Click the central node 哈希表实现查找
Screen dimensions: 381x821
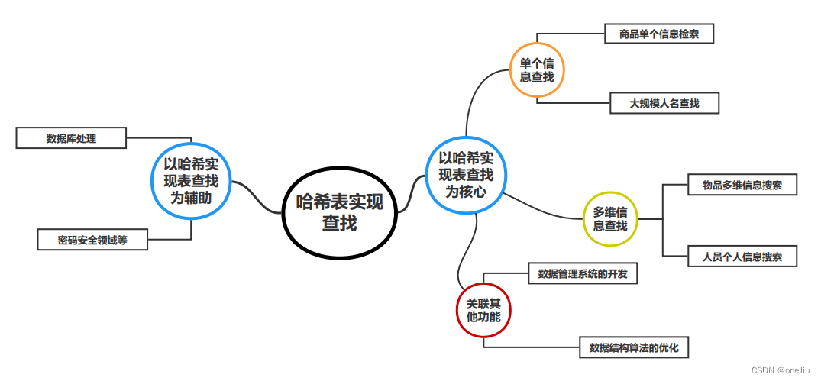point(340,211)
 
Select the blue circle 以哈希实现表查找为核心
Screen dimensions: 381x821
point(466,175)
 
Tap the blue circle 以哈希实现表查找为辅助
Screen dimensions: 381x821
point(191,180)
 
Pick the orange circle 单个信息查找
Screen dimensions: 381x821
point(537,69)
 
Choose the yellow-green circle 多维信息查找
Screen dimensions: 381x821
point(610,218)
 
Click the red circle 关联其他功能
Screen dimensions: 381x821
point(483,308)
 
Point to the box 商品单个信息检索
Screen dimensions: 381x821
point(658,34)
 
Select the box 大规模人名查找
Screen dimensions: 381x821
point(664,103)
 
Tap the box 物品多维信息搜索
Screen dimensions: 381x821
point(742,185)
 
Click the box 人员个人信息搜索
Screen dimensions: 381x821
point(742,257)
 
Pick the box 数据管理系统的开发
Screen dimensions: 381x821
point(583,273)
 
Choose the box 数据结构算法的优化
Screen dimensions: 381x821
point(634,348)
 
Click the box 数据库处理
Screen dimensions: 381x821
point(71,138)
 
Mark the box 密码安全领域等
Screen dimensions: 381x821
point(92,240)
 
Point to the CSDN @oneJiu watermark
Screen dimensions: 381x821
point(781,370)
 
